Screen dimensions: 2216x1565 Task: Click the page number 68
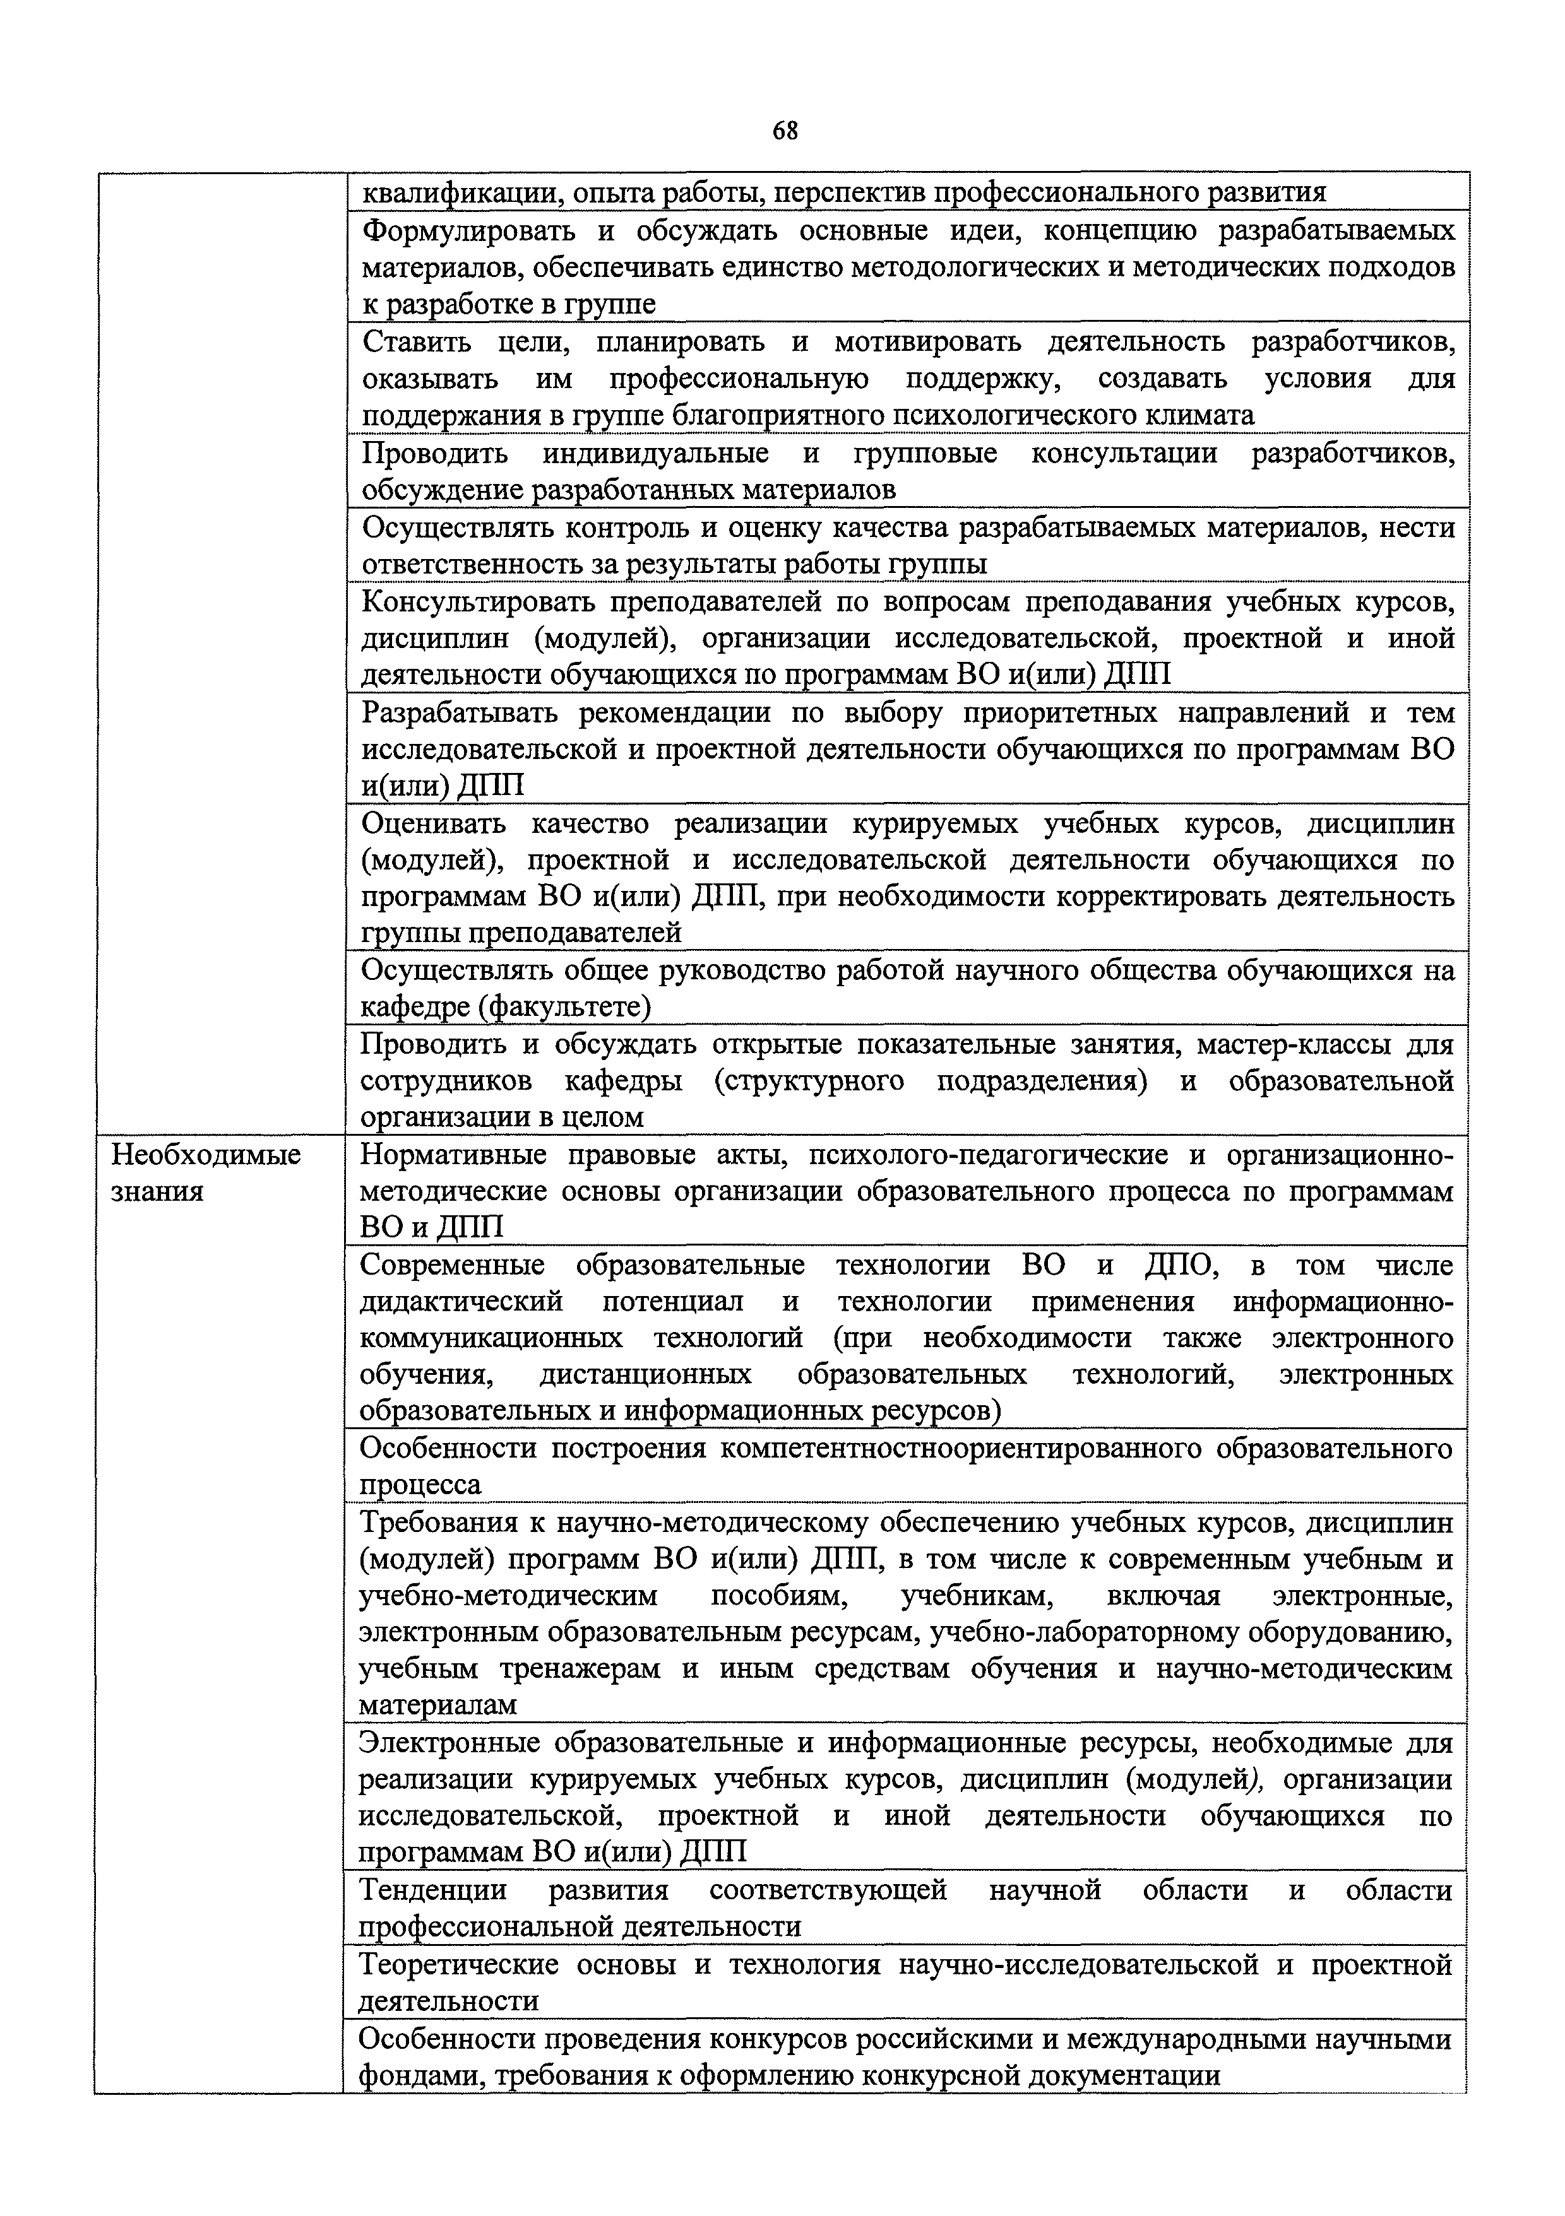[785, 130]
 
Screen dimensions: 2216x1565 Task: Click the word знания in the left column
[157, 1192]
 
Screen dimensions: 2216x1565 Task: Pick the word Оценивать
[432, 824]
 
